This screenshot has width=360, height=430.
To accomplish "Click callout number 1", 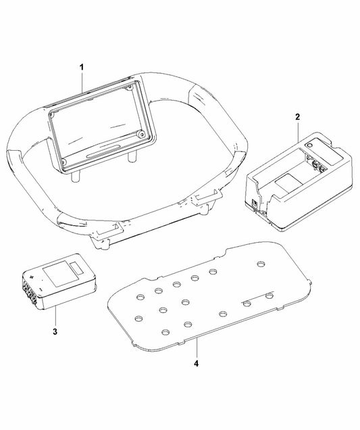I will pyautogui.click(x=81, y=68).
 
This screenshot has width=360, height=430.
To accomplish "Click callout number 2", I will pyautogui.click(x=297, y=116).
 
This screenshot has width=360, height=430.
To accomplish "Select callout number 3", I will pyautogui.click(x=55, y=332).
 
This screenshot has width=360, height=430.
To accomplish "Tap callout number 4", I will pyautogui.click(x=197, y=362).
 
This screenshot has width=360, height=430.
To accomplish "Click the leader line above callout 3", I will pyautogui.click(x=55, y=317).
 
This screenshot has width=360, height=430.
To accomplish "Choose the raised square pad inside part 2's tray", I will pyautogui.click(x=288, y=182).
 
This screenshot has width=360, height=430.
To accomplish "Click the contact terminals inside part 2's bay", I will pyautogui.click(x=315, y=162).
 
